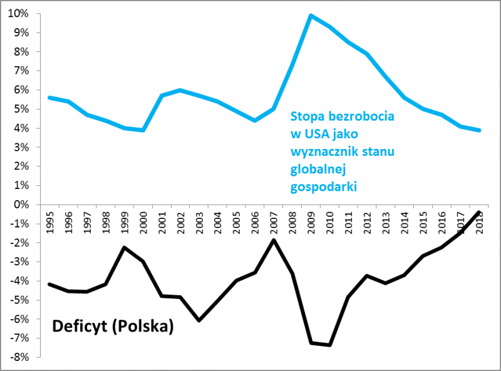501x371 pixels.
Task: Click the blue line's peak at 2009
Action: (311, 15)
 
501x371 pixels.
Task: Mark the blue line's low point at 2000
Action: (143, 130)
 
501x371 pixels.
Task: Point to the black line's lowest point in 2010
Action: (329, 345)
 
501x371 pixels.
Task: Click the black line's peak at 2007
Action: (274, 240)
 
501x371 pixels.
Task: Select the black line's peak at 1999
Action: (125, 247)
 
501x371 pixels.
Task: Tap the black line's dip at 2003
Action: (199, 320)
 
